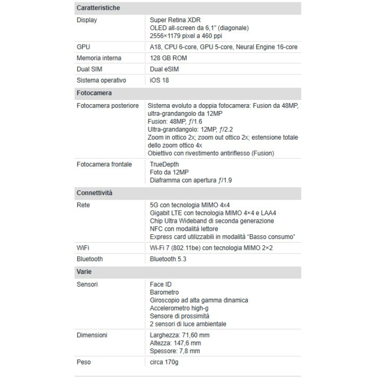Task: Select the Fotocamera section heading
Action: [94, 93]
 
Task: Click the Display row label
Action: [87, 20]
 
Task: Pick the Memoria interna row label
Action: [99, 58]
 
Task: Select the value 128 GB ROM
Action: [168, 58]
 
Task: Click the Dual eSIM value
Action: [164, 69]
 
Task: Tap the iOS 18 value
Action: [159, 81]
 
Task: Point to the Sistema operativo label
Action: [101, 81]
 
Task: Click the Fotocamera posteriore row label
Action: [107, 106]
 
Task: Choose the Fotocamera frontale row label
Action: [104, 164]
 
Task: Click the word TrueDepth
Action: [164, 164]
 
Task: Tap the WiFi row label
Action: [84, 247]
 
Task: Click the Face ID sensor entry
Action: [160, 284]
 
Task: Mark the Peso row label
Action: [84, 362]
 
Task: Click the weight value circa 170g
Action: [164, 362]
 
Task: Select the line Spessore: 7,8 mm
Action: [175, 351]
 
